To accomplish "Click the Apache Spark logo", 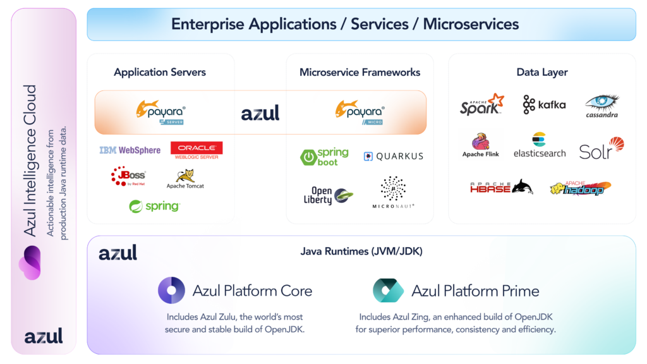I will pos(482,104).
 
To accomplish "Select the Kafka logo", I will pos(544,104).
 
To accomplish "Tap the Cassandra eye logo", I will pos(602,106).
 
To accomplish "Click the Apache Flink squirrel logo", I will pos(481,145).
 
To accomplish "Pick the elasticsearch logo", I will pos(539,145).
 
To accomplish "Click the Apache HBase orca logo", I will pos(501,187).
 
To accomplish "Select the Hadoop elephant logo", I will pos(581,187).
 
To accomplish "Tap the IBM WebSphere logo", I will pos(130,150).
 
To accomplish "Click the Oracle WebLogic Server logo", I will pos(197,150).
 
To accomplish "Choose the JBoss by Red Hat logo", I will pos(128,176).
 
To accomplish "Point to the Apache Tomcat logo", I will pos(185,179).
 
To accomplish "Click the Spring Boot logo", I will pos(324,156).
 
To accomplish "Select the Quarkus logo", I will pos(393,156).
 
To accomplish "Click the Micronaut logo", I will pos(393,192).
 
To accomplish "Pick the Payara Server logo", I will pos(161,111).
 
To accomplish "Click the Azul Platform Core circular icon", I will pos(171,291).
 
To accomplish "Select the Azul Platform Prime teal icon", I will pos(388,291).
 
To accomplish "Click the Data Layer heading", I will pos(541,72).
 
